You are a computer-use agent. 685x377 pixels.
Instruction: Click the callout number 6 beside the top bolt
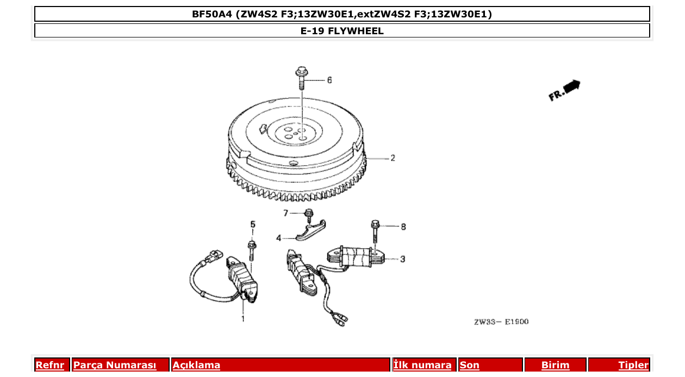(x=329, y=80)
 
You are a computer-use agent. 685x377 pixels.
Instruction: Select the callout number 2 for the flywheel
(x=392, y=158)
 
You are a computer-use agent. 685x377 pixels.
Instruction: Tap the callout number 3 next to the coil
(x=402, y=259)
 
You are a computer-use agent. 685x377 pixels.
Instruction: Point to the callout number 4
(x=278, y=238)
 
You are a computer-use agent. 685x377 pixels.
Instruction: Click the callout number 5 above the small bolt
(x=252, y=224)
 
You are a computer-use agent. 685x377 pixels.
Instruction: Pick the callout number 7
(x=285, y=212)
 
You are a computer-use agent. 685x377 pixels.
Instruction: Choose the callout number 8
(x=403, y=227)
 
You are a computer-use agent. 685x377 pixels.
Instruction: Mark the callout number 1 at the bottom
(x=242, y=319)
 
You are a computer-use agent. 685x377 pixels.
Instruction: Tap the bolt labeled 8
(x=375, y=231)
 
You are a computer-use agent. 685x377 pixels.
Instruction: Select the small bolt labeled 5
(x=252, y=250)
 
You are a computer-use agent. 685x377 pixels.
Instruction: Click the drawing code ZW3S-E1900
(x=501, y=322)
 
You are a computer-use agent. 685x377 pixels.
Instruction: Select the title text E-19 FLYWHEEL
(x=342, y=31)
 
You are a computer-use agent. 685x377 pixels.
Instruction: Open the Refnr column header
(x=49, y=365)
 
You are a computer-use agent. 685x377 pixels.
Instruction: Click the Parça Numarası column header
(x=115, y=365)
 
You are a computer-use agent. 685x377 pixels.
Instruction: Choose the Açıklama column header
(x=196, y=365)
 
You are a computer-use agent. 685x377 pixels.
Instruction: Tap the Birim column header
(x=555, y=365)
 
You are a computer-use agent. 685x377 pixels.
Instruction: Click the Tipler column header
(x=633, y=365)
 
